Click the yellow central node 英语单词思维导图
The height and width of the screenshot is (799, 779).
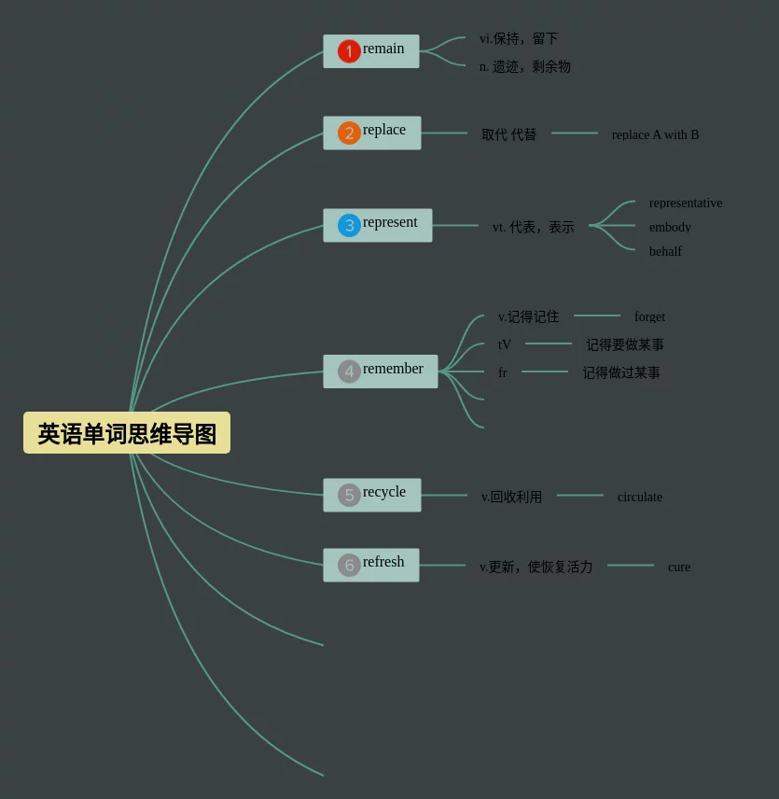pyautogui.click(x=127, y=433)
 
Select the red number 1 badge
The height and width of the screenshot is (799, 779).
pyautogui.click(x=349, y=51)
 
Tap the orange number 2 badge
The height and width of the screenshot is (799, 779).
pyautogui.click(x=349, y=133)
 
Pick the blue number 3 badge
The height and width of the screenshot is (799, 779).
pyautogui.click(x=349, y=225)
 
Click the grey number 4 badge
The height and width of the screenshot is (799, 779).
pyautogui.click(x=349, y=371)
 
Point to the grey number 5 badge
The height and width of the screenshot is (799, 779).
pyautogui.click(x=349, y=495)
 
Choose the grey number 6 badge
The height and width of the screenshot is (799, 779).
pyautogui.click(x=349, y=565)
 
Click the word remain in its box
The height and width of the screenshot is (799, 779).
pyautogui.click(x=383, y=49)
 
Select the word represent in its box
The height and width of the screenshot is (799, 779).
pyautogui.click(x=390, y=222)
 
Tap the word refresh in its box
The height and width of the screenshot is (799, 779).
pyautogui.click(x=383, y=562)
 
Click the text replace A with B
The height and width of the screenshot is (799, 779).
pyautogui.click(x=655, y=134)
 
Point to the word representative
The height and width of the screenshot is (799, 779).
pyautogui.click(x=685, y=203)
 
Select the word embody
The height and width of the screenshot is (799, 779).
pyautogui.click(x=670, y=227)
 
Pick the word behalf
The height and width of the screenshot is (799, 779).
pyautogui.click(x=665, y=251)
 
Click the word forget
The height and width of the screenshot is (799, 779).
pyautogui.click(x=649, y=317)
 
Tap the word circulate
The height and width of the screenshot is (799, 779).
pyautogui.click(x=639, y=497)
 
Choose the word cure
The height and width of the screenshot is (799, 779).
pyautogui.click(x=678, y=567)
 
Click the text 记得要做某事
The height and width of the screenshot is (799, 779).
pyautogui.click(x=624, y=345)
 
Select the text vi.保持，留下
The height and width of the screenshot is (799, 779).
pyautogui.click(x=518, y=39)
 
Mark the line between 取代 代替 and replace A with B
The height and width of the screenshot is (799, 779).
pyautogui.click(x=574, y=133)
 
